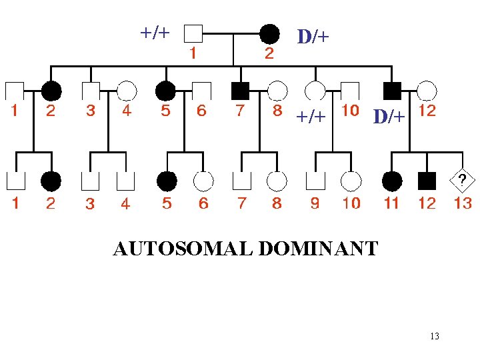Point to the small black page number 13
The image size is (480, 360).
coord(435,336)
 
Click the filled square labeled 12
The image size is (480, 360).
coord(427,181)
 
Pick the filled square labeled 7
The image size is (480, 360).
coord(241,89)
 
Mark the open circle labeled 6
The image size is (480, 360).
coord(203,181)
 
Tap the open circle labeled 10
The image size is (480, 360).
coord(351,181)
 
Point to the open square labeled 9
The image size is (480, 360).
coord(314,181)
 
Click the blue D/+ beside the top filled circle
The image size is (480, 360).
coord(313,37)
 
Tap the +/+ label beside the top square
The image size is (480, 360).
coord(155,32)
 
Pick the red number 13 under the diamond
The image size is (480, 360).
coord(463,203)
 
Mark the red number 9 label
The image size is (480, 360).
coord(314,203)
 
